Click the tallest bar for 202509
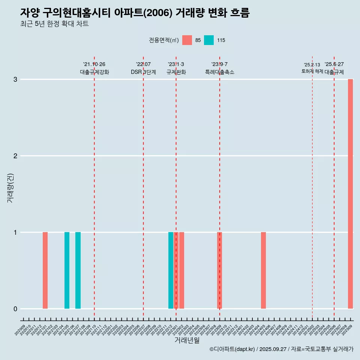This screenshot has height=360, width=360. [x=350, y=194]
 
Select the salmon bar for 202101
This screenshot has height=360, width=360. [x=45, y=270]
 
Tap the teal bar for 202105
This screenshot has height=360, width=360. [x=67, y=270]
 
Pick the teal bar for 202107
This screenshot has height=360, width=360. [x=78, y=270]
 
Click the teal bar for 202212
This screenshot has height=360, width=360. [x=171, y=270]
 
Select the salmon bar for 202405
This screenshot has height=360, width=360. [x=263, y=270]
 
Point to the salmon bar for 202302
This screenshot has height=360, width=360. [x=181, y=270]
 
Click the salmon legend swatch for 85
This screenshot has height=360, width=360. [x=187, y=40]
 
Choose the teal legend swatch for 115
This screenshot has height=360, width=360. [x=209, y=40]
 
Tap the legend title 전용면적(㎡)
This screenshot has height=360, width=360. [x=164, y=40]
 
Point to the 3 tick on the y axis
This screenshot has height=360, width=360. [x=15, y=79]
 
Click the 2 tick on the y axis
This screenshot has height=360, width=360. [x=15, y=156]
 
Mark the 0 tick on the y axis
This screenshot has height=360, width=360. [x=15, y=309]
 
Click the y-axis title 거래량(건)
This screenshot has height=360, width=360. [x=10, y=187]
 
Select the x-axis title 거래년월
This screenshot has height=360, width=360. [x=187, y=340]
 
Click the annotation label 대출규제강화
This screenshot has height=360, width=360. [x=94, y=72]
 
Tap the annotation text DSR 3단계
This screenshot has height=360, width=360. [x=143, y=72]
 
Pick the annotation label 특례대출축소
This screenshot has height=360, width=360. [x=220, y=72]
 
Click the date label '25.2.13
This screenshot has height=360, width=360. [x=312, y=65]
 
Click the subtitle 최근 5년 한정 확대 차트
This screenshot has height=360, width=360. [x=54, y=24]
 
